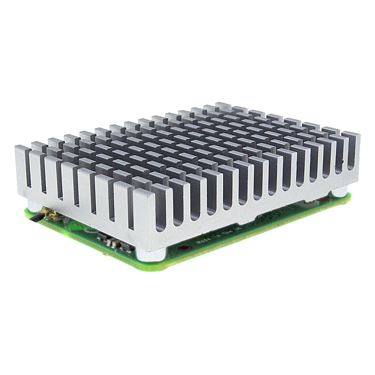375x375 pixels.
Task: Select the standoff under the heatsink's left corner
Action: [x=34, y=205]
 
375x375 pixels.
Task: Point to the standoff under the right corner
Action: [x=339, y=192]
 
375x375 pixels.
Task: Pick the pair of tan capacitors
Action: [x=112, y=242]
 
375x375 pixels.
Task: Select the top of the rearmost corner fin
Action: [x=223, y=105]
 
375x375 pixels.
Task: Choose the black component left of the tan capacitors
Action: [x=102, y=237]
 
